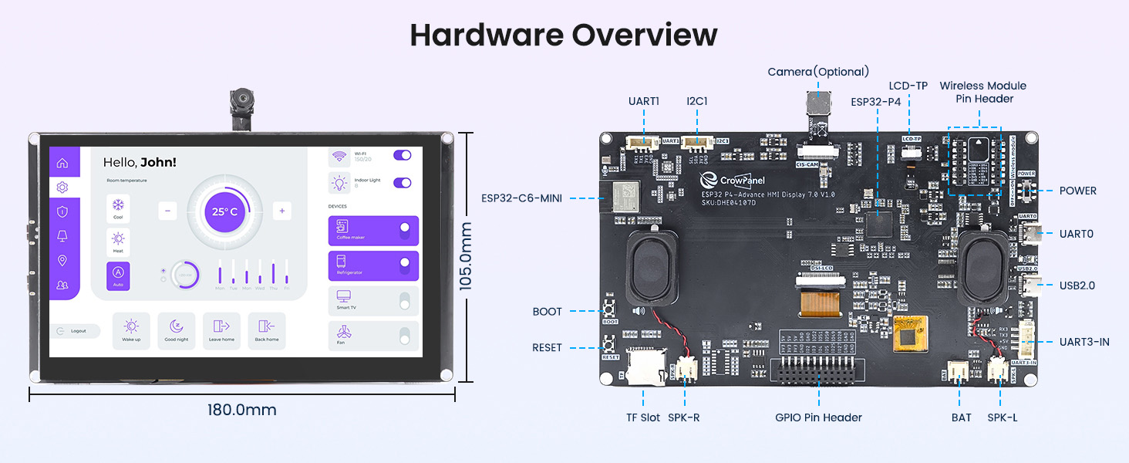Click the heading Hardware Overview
[x=564, y=35]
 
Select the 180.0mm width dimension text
[x=241, y=410]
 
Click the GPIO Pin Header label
[x=818, y=417]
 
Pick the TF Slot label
[x=642, y=417]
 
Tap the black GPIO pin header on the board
[x=818, y=373]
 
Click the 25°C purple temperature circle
[x=224, y=211]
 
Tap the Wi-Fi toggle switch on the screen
[x=403, y=155]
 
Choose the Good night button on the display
[x=176, y=330]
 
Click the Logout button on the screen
[x=75, y=330]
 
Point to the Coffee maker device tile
[x=373, y=230]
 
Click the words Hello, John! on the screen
[x=140, y=162]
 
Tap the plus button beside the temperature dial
[x=282, y=211]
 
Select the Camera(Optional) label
[x=818, y=72]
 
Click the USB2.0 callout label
[x=1077, y=286]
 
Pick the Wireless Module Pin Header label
[x=982, y=92]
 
